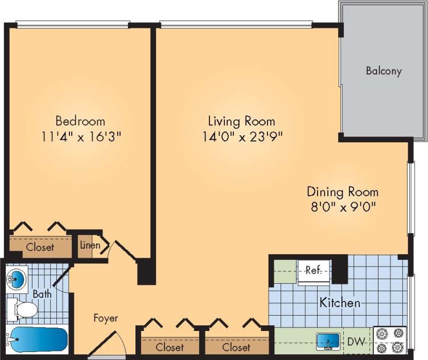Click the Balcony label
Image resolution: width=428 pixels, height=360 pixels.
click(384, 71)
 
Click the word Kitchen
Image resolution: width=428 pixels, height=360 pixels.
click(339, 303)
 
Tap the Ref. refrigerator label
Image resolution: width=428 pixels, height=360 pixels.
click(313, 270)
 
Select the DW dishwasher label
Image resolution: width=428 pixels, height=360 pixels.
click(356, 342)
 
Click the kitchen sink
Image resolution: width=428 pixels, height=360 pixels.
click(328, 341)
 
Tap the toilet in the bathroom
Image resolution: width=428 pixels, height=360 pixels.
click(23, 310)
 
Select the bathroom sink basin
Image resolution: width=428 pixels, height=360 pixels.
click(18, 279)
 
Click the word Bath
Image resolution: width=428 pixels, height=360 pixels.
click(42, 295)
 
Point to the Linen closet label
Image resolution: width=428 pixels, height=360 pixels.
click(89, 246)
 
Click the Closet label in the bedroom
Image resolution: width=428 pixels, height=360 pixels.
click(40, 247)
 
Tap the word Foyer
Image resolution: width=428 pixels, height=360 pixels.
click(105, 318)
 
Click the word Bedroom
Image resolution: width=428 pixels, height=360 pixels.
click(80, 121)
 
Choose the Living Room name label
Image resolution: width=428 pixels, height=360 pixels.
click(241, 121)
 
